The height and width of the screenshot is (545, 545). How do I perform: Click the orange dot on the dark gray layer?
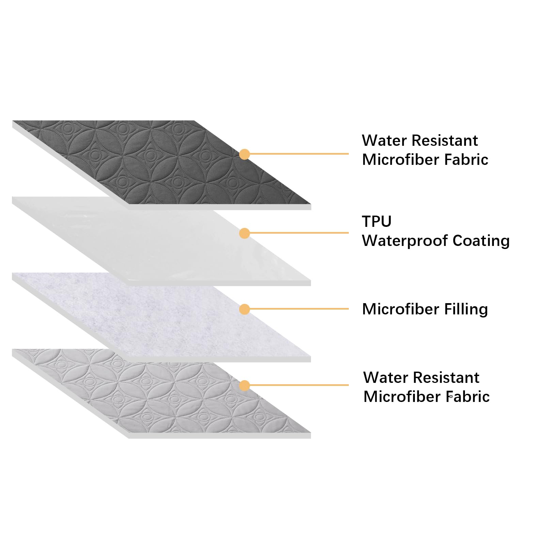(244, 154)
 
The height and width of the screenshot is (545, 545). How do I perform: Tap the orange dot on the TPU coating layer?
(244, 233)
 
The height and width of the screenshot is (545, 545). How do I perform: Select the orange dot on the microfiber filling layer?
(244, 309)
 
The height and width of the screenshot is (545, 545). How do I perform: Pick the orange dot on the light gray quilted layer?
(244, 386)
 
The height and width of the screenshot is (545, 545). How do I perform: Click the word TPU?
(377, 221)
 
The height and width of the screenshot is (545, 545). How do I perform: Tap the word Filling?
(466, 309)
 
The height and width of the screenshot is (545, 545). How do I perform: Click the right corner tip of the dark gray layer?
(311, 204)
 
